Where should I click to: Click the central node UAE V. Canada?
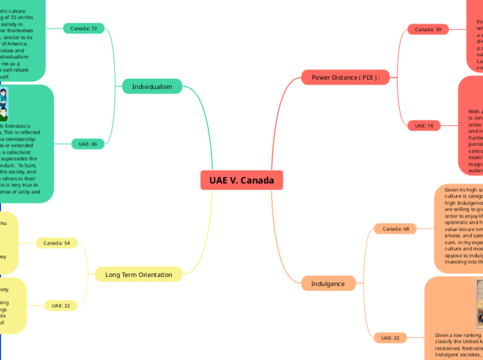[241, 181]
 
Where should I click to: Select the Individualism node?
[152, 87]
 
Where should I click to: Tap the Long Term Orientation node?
[139, 275]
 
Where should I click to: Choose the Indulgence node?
[323, 283]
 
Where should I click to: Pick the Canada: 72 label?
[84, 28]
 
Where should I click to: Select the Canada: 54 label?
[57, 243]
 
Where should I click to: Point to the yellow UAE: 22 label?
[61, 305]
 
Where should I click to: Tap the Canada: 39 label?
[428, 30]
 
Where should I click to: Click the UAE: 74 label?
[424, 125]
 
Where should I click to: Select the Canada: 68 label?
[396, 228]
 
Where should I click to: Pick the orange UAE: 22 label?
[390, 338]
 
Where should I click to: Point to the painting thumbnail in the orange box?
[479, 305]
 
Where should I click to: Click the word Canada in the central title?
[258, 181]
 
